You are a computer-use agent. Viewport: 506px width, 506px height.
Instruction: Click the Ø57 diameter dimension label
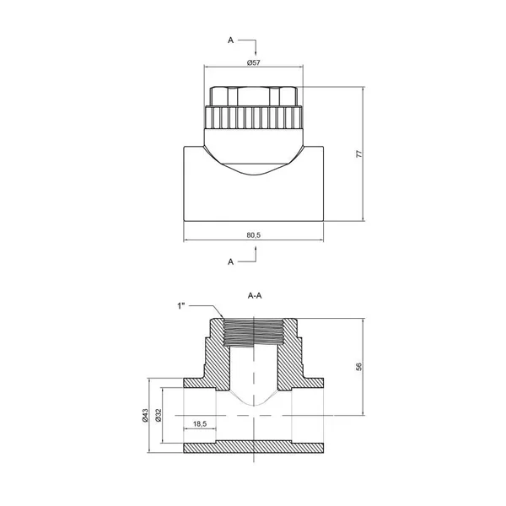[x=253, y=62]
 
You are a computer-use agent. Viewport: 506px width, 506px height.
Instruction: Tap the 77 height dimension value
[x=359, y=153]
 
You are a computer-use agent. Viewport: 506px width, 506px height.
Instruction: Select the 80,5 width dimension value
[x=253, y=235]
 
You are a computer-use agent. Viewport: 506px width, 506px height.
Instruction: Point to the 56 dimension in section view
[x=359, y=367]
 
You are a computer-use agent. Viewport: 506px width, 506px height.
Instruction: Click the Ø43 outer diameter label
[x=145, y=415]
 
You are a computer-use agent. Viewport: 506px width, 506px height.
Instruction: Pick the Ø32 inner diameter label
[x=159, y=415]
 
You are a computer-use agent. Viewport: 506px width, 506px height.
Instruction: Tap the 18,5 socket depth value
[x=200, y=423]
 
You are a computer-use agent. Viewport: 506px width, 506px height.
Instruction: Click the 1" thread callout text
[x=181, y=306]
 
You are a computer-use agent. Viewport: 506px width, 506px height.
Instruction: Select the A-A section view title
[x=255, y=296]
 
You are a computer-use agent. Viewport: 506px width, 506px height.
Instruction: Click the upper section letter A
[x=230, y=40]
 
